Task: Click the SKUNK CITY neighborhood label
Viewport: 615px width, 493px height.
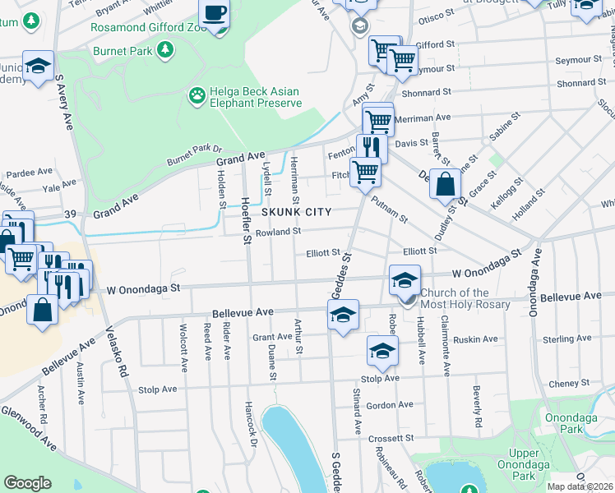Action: click(296, 212)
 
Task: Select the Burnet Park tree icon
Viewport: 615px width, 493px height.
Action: click(165, 50)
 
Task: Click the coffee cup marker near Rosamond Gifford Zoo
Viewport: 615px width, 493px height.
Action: click(215, 15)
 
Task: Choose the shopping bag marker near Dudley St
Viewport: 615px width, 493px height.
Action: click(445, 186)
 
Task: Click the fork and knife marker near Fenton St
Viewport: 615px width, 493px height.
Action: click(372, 148)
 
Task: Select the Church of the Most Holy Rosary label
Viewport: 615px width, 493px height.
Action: click(466, 299)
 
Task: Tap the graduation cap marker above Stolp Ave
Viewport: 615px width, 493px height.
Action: click(382, 351)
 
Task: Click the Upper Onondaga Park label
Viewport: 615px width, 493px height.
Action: click(524, 464)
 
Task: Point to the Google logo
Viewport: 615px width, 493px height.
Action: click(27, 483)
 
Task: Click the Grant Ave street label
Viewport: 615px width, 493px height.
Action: click(272, 337)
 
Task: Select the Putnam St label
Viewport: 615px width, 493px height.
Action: click(389, 210)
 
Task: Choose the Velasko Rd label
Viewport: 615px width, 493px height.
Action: click(117, 354)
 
